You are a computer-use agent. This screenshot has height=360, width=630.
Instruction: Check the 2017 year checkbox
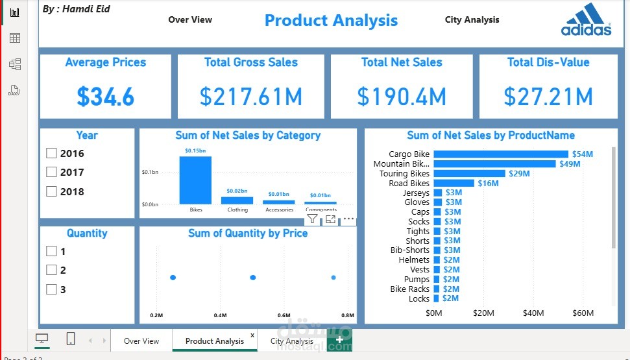(52, 173)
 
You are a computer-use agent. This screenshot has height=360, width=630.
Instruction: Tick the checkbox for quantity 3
(52, 289)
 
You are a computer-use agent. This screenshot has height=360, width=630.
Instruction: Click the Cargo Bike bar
(500, 154)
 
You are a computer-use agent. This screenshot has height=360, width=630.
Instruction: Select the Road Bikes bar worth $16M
(454, 184)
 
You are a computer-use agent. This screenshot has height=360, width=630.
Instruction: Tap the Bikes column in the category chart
(195, 181)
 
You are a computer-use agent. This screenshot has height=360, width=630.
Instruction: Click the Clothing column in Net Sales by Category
(237, 200)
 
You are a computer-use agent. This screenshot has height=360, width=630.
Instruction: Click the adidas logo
(587, 19)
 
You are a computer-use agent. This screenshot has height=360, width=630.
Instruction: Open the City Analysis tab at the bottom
(291, 341)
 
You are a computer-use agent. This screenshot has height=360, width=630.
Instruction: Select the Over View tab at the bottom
(141, 341)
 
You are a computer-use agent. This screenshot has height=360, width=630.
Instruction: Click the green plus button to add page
(339, 341)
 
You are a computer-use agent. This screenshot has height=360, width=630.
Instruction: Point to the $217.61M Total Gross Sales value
(250, 97)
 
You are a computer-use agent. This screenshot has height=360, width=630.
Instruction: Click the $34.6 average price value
(106, 97)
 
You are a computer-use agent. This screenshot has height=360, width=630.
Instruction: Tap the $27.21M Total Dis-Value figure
(548, 97)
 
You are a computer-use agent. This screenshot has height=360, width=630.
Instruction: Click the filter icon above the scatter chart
(313, 219)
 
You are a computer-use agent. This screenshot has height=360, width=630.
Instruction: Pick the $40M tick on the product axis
(533, 313)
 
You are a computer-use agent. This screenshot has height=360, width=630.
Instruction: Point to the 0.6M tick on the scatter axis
(284, 315)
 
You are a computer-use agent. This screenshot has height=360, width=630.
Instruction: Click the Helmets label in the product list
(414, 260)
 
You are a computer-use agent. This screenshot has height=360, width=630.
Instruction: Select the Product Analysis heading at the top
(331, 20)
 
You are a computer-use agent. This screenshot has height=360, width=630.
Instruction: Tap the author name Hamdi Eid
(77, 9)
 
